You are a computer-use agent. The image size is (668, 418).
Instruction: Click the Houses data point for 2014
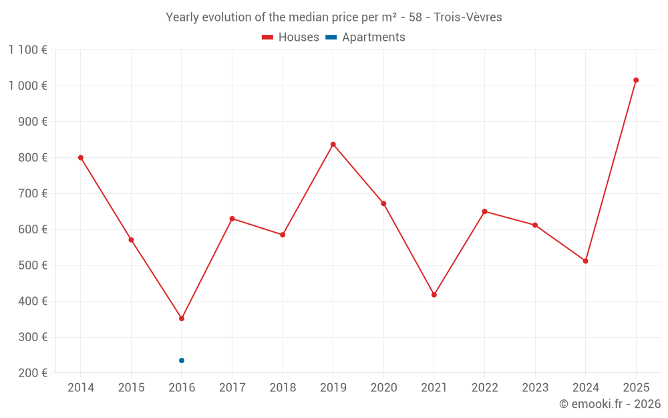[x=81, y=158]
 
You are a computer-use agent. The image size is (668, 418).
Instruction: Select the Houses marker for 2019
[x=333, y=144]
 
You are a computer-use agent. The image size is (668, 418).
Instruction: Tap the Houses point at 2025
[x=636, y=80]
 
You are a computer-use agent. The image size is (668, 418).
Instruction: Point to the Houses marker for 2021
[x=434, y=295]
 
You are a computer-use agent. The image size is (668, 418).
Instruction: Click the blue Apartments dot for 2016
[x=182, y=360]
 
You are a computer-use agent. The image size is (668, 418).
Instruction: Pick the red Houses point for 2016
[x=182, y=318]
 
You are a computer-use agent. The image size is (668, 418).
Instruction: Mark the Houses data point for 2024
[x=586, y=261]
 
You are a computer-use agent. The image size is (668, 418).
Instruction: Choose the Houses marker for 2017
[x=232, y=219]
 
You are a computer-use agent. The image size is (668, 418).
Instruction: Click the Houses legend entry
[x=291, y=37]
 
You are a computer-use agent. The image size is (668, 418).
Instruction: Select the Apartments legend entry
[x=366, y=37]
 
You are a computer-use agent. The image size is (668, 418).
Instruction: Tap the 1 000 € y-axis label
[x=28, y=86]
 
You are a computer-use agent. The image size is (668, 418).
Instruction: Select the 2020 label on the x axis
[x=383, y=388]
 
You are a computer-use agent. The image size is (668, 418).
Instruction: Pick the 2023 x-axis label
[x=535, y=388]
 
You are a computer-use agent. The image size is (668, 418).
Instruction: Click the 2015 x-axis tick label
[x=131, y=388]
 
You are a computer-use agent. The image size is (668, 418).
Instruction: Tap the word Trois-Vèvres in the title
[x=468, y=17]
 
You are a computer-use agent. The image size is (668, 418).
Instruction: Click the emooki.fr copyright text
[x=610, y=404]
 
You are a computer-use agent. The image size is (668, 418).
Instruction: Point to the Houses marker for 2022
[x=485, y=211]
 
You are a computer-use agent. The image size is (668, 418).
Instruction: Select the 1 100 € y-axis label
[x=28, y=49]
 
